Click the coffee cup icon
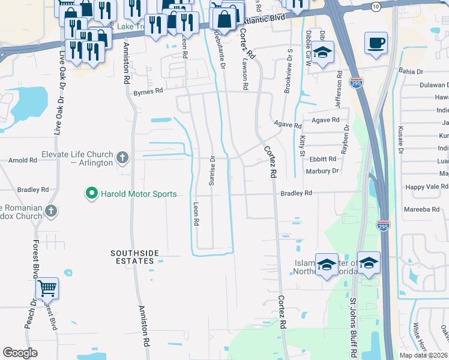point(376,43)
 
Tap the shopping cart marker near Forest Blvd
point(47,289)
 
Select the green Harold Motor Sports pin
point(91,193)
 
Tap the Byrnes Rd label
point(148,92)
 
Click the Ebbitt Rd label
point(322,160)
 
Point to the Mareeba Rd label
point(424,209)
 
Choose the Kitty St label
point(302,146)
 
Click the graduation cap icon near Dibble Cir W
point(322,52)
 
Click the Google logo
point(20,352)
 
